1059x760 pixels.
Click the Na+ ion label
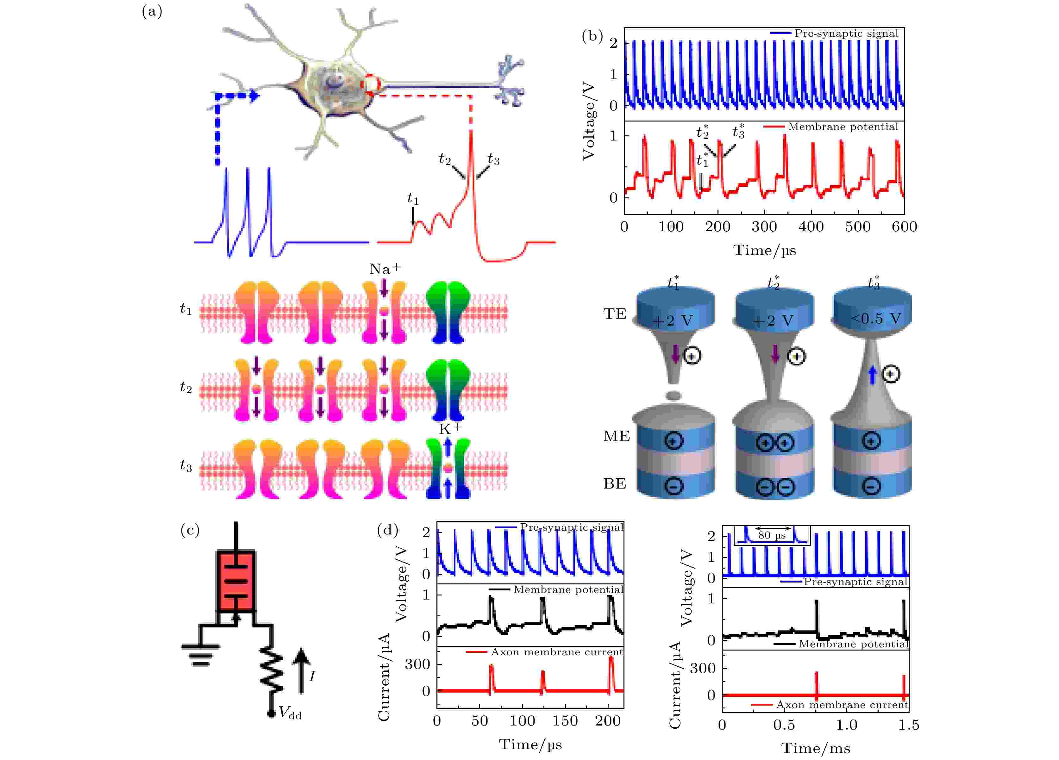(x=385, y=269)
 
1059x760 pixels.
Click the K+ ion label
(x=450, y=428)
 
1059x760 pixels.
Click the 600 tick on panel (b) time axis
(x=904, y=227)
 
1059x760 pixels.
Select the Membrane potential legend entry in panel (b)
(x=831, y=127)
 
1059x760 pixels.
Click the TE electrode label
(x=615, y=314)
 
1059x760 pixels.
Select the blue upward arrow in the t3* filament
(x=872, y=375)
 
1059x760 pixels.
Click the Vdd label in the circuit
(x=290, y=713)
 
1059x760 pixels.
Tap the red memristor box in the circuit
(x=235, y=582)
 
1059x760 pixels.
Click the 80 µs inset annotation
(x=772, y=535)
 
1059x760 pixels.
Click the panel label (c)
(x=190, y=530)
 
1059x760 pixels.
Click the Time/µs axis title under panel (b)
(x=764, y=250)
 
